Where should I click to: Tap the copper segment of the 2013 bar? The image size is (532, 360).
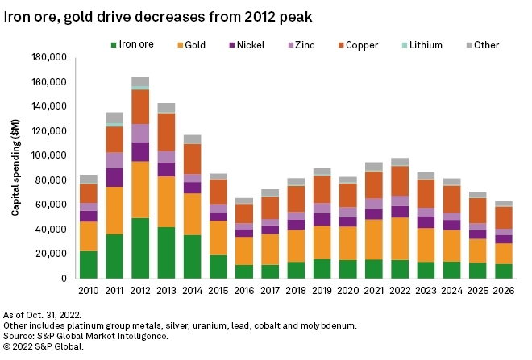coord(166,132)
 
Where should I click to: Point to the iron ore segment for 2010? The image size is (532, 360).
coord(89,264)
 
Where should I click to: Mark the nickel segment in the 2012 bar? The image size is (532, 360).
coord(140,151)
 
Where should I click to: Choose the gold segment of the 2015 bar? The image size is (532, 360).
coord(218,238)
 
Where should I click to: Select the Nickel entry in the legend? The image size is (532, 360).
coord(252,45)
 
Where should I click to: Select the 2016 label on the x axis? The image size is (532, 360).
coord(244,288)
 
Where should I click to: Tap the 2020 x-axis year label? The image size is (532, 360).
coord(347,288)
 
